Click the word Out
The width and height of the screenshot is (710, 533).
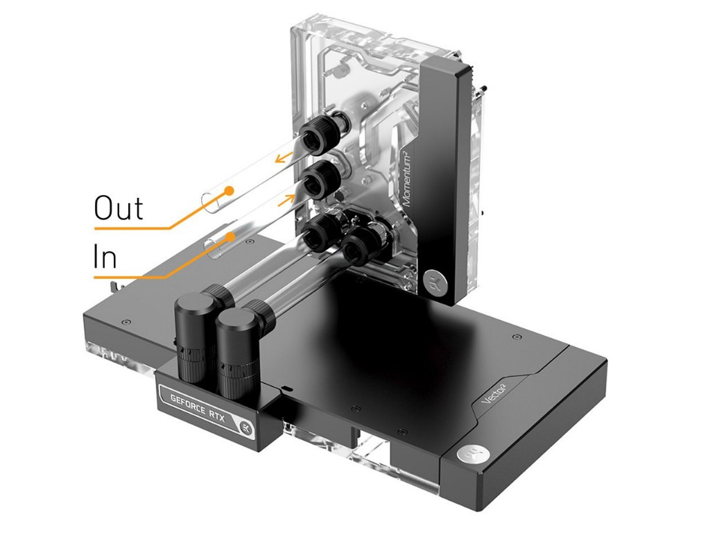[118, 208]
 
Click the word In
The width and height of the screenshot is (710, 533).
[105, 257]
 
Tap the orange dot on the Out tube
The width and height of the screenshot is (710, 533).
[230, 190]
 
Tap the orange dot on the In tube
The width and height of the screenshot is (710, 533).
[231, 236]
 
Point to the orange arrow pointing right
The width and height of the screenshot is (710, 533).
[286, 199]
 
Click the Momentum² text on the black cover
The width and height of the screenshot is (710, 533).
[409, 178]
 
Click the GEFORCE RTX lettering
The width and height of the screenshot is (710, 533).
[198, 408]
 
